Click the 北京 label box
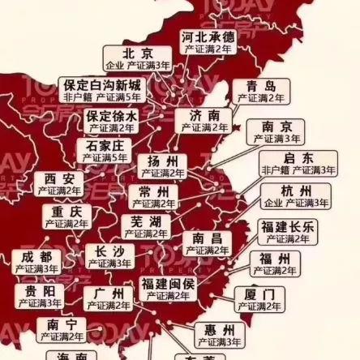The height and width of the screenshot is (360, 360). click(137, 58)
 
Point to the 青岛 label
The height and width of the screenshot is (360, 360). click(259, 91)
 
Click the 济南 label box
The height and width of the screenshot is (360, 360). click(204, 121)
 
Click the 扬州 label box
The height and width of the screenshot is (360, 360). click(162, 165)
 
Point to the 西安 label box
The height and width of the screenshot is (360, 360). click(58, 183)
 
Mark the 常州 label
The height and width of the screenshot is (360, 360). click(153, 196)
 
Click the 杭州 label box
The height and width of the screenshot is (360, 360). click(295, 195)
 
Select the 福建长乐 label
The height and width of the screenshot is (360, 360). click(286, 231)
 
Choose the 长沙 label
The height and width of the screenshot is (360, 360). click(109, 256)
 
